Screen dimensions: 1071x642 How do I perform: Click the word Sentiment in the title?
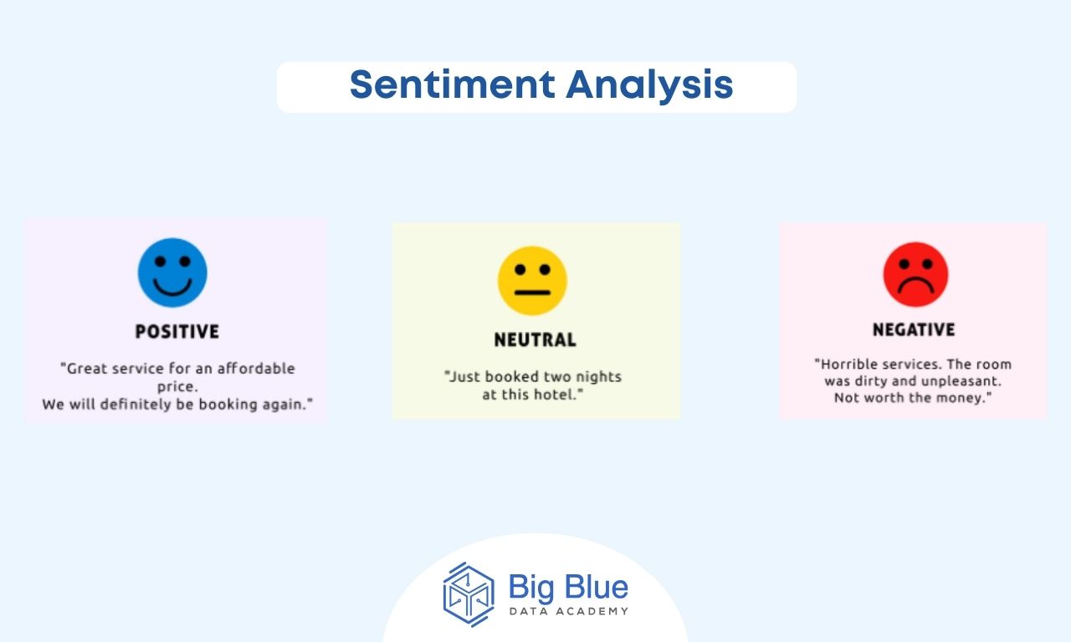453,84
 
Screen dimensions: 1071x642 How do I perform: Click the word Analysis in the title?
650,86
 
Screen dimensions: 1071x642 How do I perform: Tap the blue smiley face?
172,273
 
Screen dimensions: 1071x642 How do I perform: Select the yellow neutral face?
532,281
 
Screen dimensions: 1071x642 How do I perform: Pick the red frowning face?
915,275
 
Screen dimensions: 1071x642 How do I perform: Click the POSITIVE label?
177,332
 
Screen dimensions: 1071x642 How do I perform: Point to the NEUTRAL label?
535,339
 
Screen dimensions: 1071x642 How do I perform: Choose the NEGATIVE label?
914,329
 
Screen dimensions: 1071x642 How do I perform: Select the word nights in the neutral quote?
598,377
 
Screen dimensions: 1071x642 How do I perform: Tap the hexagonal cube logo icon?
469,594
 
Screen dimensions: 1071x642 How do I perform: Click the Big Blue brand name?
568,587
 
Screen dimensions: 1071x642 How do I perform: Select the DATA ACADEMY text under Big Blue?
569,611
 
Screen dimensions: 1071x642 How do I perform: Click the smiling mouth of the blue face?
172,288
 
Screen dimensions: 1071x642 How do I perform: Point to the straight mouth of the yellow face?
532,293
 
